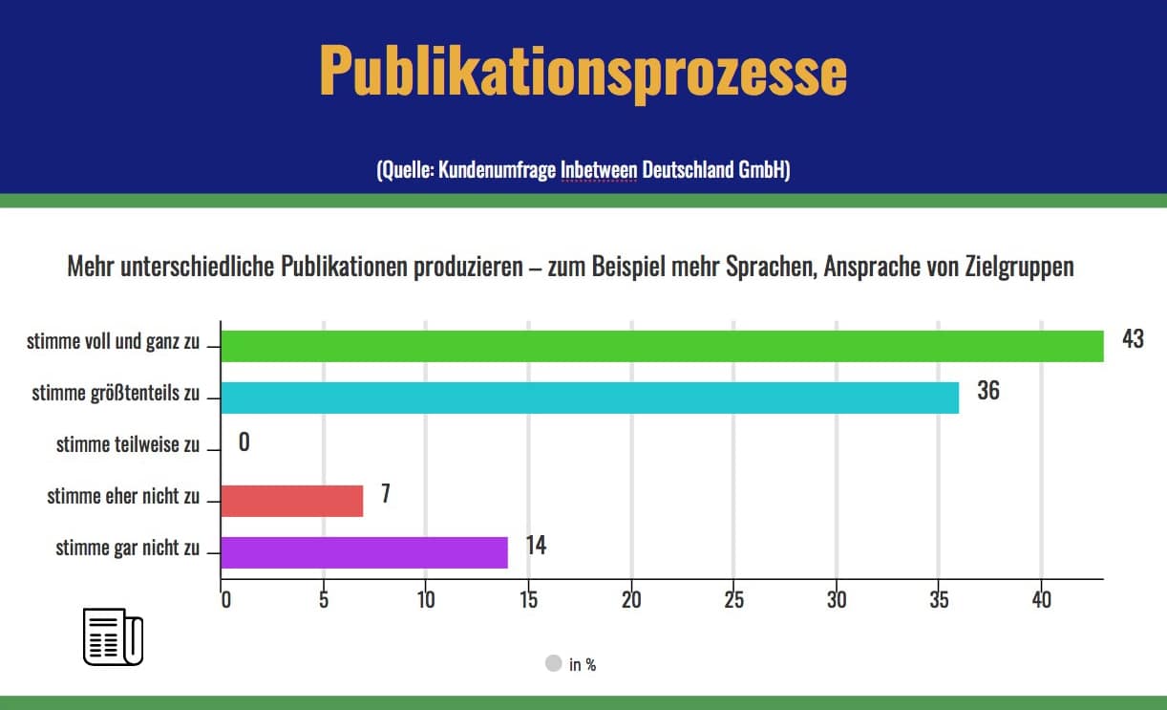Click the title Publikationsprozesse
583,69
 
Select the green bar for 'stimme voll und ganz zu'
662,346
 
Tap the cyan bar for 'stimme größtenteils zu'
589,398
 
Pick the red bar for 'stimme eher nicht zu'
291,501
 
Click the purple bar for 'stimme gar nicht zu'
364,552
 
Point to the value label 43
1133,339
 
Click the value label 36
988,391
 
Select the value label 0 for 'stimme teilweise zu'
244,443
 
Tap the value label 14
536,546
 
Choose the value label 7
386,494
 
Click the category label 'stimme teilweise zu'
128,444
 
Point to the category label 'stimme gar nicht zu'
128,549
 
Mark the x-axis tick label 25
733,600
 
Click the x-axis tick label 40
1041,600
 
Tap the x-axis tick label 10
426,600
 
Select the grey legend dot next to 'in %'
553,663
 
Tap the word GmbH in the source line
763,171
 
